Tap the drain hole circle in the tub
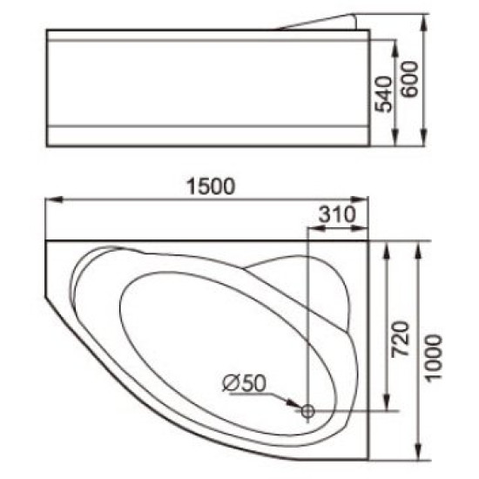(307, 410)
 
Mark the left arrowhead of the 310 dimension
(314, 230)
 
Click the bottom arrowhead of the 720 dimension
(388, 405)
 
